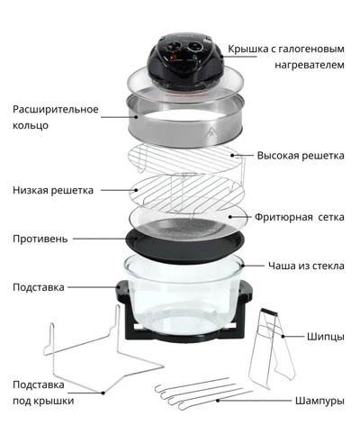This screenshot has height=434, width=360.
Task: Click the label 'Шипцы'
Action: tap(325, 337)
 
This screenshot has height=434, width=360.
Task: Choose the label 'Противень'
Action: tap(40, 240)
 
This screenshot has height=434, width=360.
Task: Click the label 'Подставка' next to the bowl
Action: tap(39, 287)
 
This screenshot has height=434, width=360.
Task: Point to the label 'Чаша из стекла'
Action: tap(306, 266)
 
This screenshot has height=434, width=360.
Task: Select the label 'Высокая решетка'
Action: tap(301, 156)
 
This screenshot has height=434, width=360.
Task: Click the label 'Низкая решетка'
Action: tap(51, 190)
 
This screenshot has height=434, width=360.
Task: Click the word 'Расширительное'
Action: tap(55, 109)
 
